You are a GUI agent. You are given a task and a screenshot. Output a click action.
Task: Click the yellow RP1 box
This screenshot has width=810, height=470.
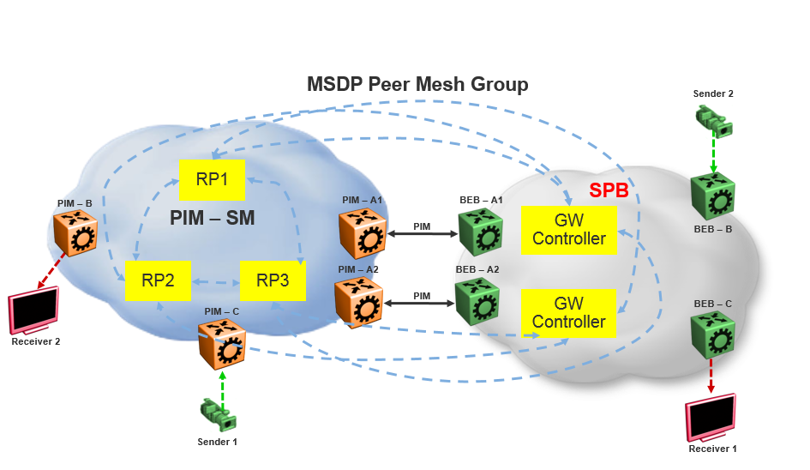[x=212, y=179]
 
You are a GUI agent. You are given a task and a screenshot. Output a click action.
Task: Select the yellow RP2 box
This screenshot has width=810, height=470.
[x=157, y=280]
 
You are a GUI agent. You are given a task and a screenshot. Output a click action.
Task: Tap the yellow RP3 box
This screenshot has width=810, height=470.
[x=273, y=280]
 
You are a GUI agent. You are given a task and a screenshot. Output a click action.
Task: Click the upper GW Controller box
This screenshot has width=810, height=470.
[x=568, y=230]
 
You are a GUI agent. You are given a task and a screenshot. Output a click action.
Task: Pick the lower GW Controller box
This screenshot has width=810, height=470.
[x=568, y=313]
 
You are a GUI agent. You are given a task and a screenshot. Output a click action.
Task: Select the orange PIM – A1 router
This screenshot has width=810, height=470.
[x=361, y=232]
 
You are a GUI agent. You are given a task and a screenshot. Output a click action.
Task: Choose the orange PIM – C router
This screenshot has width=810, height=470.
[x=221, y=343]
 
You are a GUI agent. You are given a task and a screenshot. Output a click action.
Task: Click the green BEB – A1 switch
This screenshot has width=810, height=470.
[x=481, y=232]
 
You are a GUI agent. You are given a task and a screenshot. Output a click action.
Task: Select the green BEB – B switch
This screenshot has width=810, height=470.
[x=712, y=196]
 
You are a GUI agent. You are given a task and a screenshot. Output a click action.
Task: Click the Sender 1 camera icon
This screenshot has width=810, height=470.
[x=219, y=414]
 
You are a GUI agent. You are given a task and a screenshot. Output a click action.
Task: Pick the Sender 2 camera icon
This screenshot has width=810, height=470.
[x=714, y=121]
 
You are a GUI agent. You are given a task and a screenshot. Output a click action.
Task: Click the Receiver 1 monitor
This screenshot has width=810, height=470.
[x=711, y=418]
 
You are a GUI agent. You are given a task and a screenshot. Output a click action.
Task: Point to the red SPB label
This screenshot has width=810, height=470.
[x=609, y=191]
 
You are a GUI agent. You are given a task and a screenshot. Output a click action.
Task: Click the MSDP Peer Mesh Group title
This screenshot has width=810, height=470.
[x=417, y=84]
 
